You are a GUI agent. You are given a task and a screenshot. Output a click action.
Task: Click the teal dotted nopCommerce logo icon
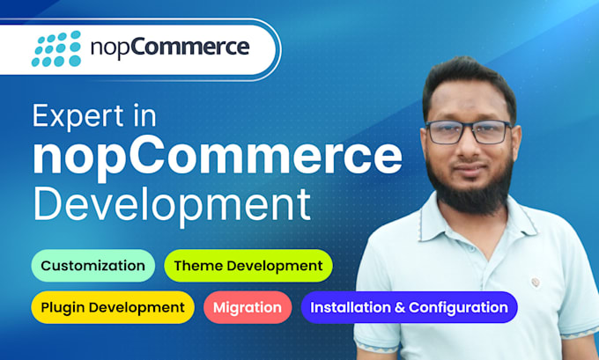56,48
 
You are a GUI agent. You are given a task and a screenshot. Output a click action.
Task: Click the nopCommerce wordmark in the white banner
170,48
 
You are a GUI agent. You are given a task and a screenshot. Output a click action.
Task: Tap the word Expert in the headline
78,116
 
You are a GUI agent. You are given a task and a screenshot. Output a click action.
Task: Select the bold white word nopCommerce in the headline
218,158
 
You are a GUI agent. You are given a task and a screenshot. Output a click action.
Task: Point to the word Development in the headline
172,205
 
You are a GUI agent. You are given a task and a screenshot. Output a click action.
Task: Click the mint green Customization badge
93,266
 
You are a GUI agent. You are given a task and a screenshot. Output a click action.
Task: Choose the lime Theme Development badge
248,266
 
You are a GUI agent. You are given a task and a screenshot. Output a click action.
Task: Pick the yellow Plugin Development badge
113,307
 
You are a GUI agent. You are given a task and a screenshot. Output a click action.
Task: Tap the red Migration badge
248,307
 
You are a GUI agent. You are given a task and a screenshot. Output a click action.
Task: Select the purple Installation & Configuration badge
409,307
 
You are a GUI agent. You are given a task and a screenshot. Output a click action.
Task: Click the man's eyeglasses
469,132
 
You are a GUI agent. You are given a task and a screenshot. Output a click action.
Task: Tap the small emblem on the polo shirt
536,283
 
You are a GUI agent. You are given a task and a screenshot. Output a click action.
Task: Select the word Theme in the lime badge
195,266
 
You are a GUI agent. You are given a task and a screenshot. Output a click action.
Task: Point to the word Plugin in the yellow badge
63,308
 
